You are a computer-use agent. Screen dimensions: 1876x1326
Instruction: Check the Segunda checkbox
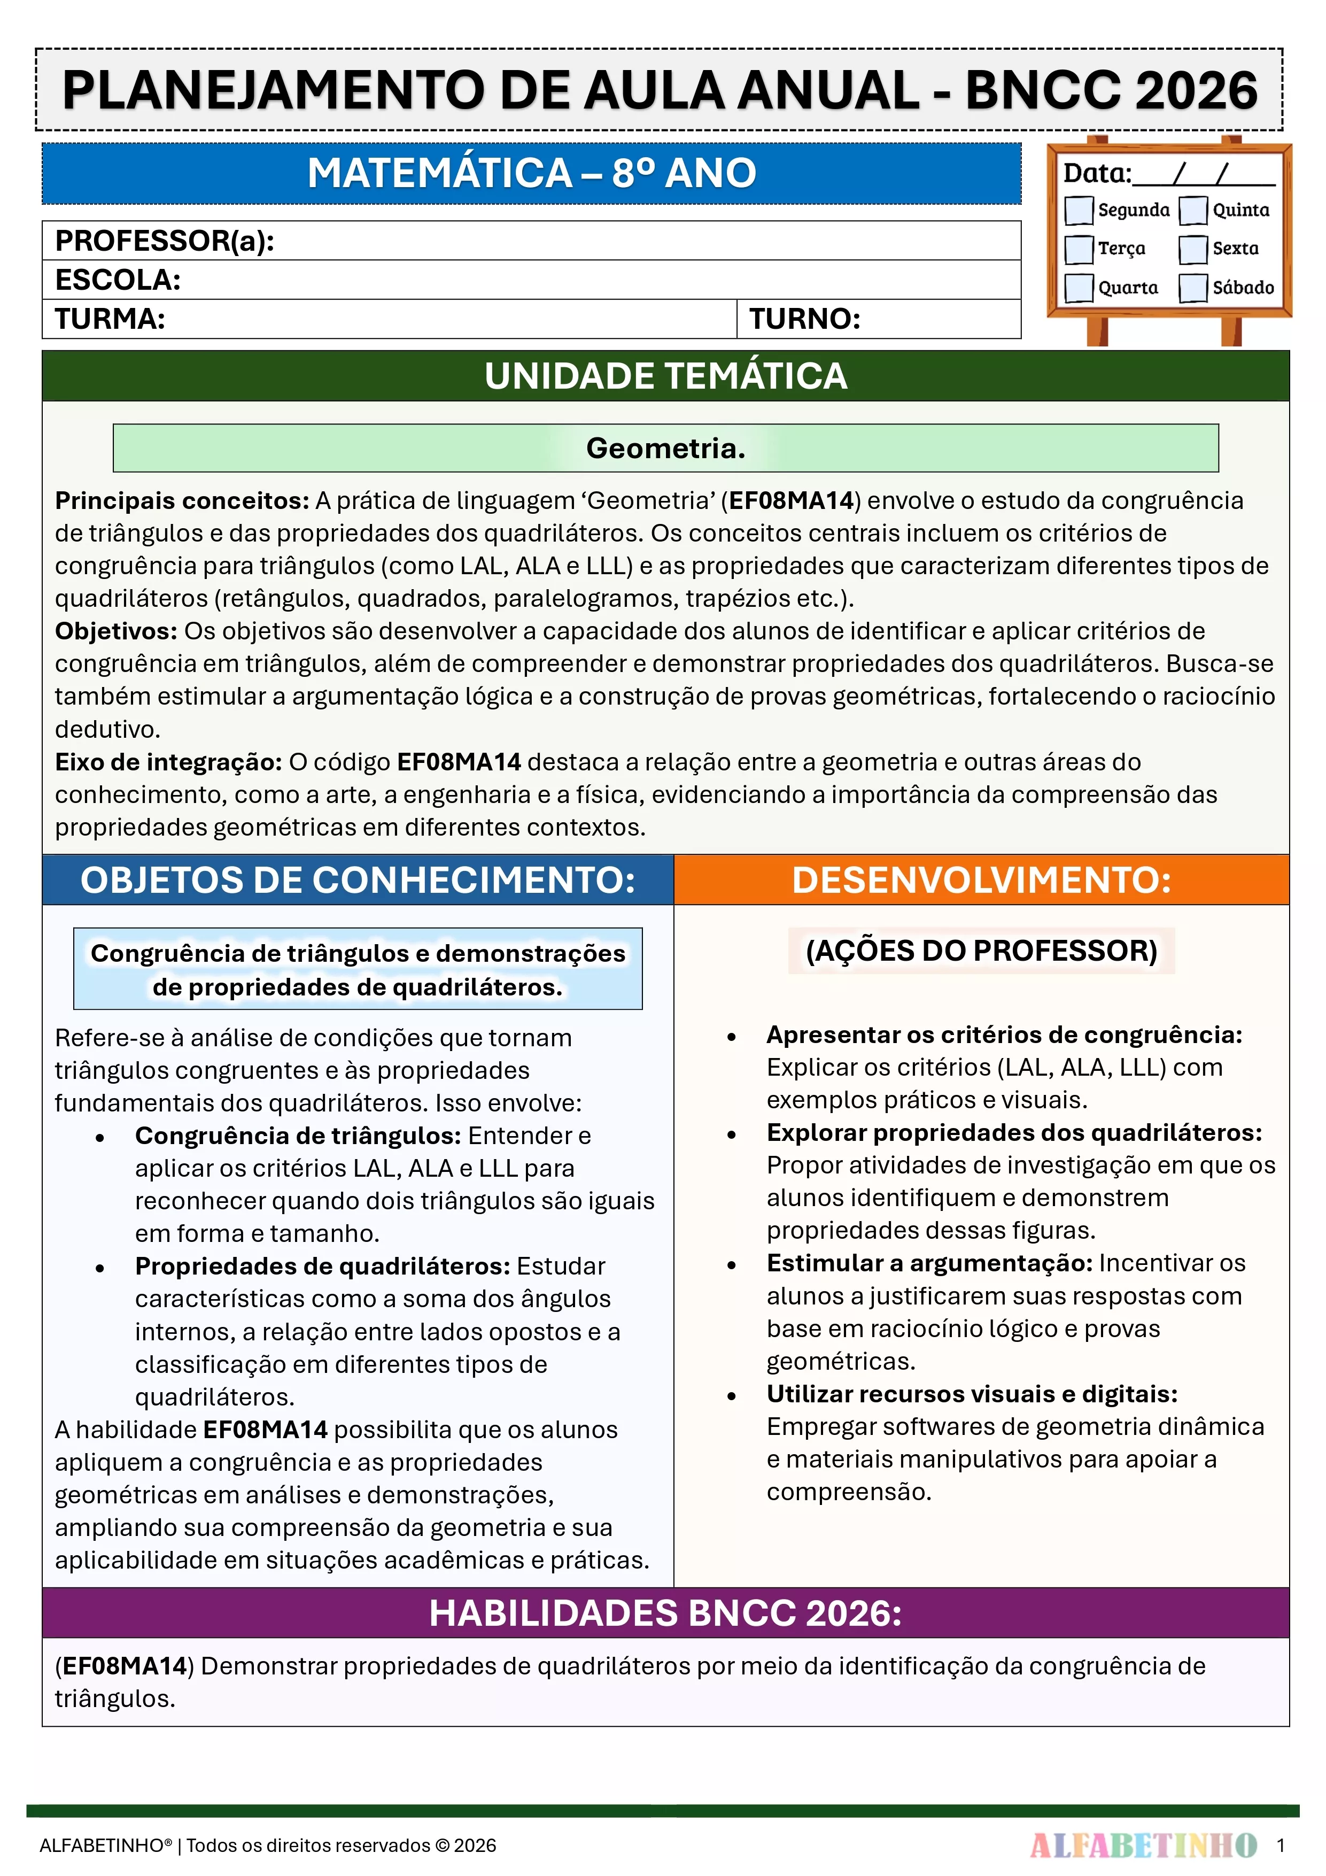[x=1079, y=210]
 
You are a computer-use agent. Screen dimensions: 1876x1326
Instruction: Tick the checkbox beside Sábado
[x=1193, y=288]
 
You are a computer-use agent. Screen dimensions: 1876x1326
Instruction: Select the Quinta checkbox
[x=1193, y=210]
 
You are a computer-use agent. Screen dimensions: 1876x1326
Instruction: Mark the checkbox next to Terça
[x=1079, y=249]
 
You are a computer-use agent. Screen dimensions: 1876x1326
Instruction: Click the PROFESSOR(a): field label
[x=164, y=241]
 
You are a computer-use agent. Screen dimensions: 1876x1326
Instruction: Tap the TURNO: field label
[x=805, y=319]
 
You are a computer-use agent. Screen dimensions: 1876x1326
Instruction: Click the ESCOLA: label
[x=118, y=280]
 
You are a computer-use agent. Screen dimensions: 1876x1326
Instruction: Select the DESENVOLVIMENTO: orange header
[x=981, y=880]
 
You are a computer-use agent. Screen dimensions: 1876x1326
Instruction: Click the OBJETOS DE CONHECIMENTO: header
[x=358, y=880]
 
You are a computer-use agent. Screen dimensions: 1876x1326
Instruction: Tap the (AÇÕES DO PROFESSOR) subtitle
[x=981, y=950]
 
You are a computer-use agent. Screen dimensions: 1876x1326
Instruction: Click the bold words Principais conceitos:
[x=181, y=500]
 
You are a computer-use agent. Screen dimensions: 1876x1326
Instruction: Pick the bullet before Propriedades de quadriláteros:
[x=99, y=1268]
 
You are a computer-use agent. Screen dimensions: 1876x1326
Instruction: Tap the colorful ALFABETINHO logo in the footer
[x=1143, y=1845]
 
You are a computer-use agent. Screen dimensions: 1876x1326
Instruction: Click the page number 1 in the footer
[x=1280, y=1845]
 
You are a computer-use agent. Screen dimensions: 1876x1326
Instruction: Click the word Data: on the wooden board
[x=1096, y=173]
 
